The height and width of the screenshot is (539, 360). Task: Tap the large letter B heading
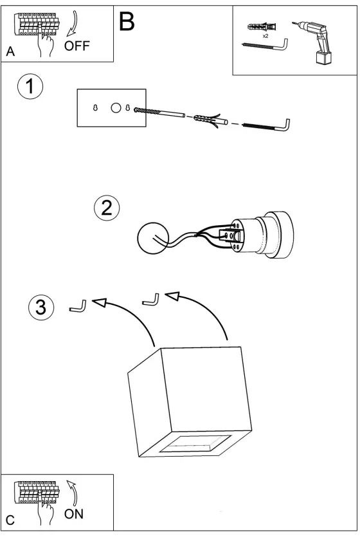(x=127, y=21)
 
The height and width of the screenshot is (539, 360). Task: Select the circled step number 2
(x=107, y=207)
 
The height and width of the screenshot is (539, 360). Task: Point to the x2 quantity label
(x=265, y=37)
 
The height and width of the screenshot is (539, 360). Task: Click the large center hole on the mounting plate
(x=116, y=108)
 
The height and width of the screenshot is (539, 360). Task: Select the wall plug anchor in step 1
(x=207, y=120)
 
